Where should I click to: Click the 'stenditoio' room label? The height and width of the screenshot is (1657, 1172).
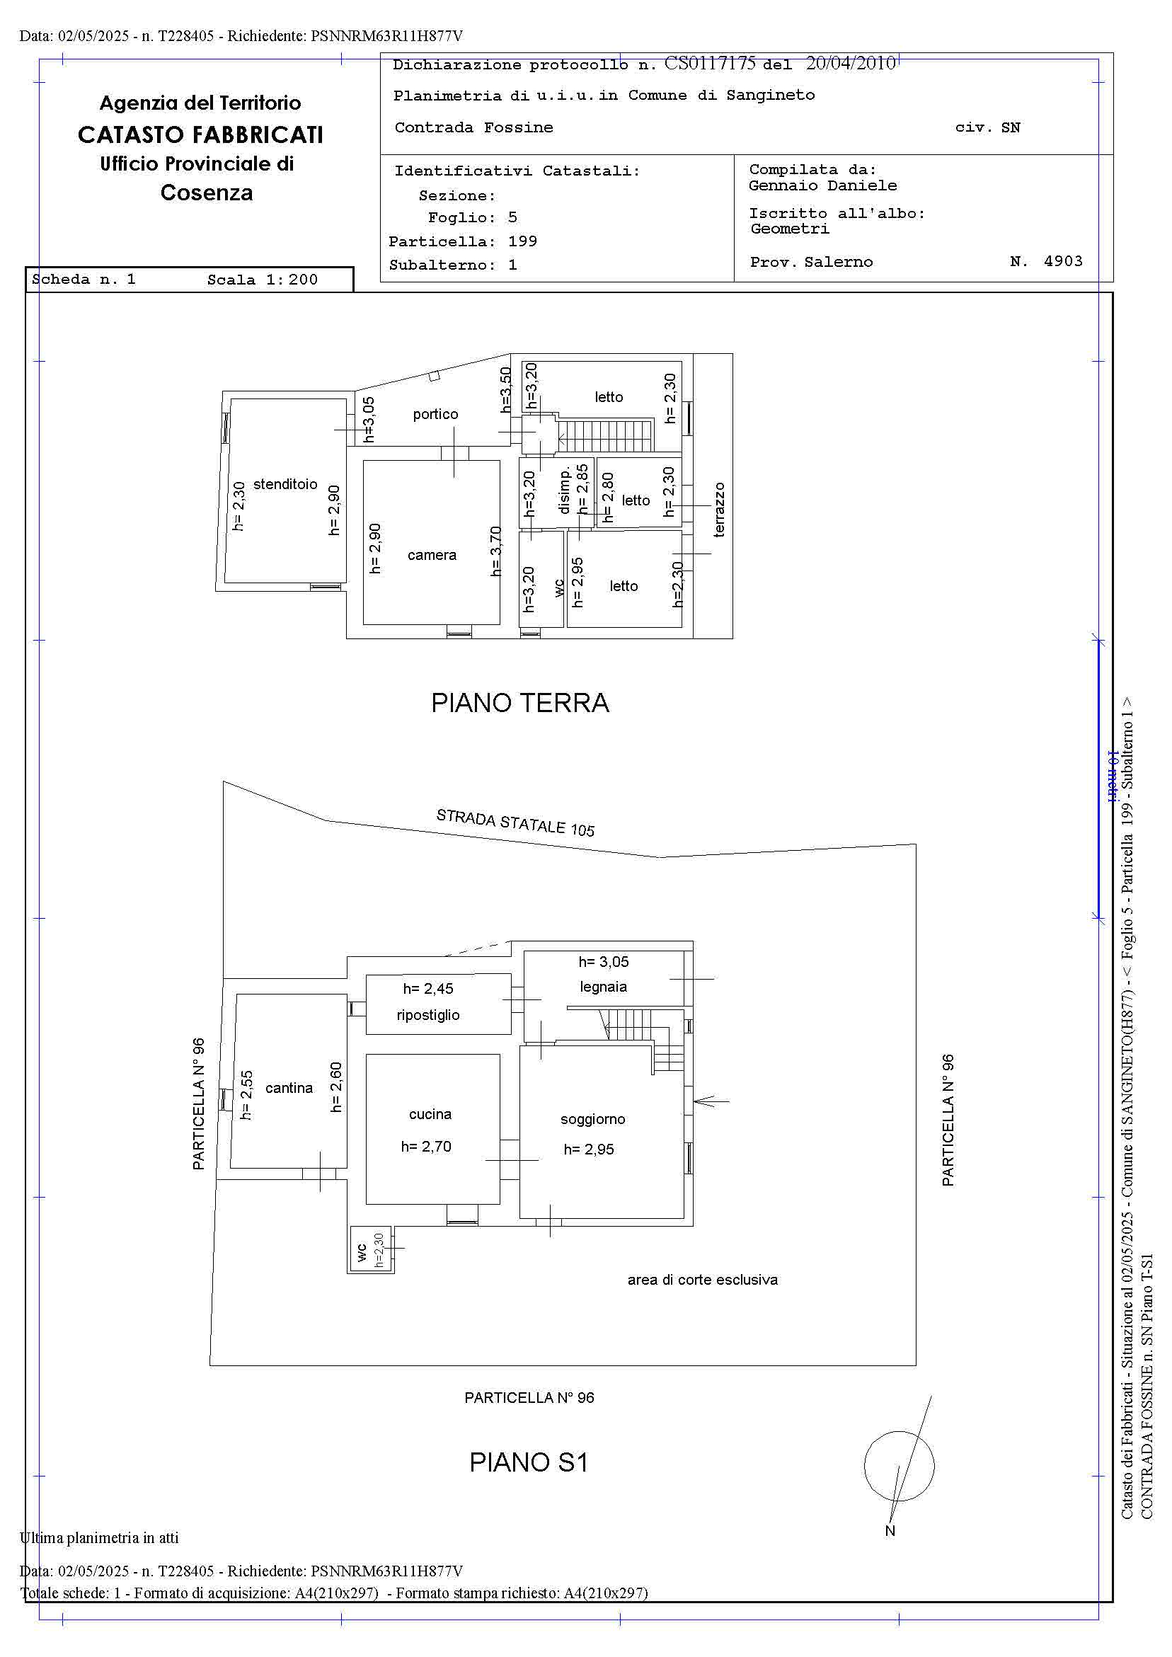pos(285,484)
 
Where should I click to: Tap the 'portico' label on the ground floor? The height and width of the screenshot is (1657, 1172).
pos(435,414)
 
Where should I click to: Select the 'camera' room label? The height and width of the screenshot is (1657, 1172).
pos(432,555)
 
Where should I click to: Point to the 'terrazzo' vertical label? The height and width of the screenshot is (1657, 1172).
pos(719,510)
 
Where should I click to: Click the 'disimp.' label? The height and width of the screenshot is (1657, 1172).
pos(564,489)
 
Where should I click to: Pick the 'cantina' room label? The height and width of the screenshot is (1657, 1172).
pos(289,1089)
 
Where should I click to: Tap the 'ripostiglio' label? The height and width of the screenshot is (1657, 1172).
pos(428,1015)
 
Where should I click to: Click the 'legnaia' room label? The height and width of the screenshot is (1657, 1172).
pos(603,987)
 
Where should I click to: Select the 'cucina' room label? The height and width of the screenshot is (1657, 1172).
pos(430,1114)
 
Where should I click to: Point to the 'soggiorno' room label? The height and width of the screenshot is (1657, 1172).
pos(592,1119)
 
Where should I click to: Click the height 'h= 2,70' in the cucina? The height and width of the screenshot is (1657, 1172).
pos(426,1147)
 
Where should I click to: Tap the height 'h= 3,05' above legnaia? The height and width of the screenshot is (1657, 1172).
pos(603,962)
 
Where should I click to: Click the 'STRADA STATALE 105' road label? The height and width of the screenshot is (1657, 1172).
pos(515,822)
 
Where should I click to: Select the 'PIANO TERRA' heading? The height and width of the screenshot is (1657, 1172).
pos(519,702)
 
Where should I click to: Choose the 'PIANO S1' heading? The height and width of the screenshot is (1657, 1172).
pos(528,1463)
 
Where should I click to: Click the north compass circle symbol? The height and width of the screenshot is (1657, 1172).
pos(899,1466)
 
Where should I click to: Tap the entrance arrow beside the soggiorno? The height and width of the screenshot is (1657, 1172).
pos(711,1101)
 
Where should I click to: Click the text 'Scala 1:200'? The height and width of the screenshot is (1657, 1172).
pos(262,280)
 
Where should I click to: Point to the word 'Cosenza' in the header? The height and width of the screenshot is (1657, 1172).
pos(207,193)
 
